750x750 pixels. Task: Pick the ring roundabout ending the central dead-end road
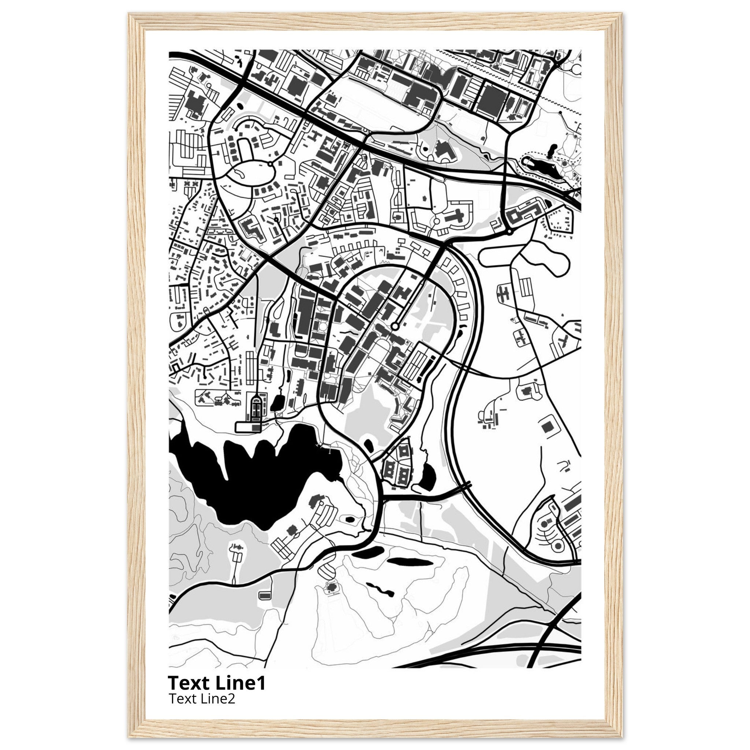pos(395,326)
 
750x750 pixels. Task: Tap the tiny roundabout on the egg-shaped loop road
pos(270,164)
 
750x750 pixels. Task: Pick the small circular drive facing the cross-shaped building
pos(436,221)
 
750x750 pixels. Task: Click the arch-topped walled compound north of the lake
pos(256,410)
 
